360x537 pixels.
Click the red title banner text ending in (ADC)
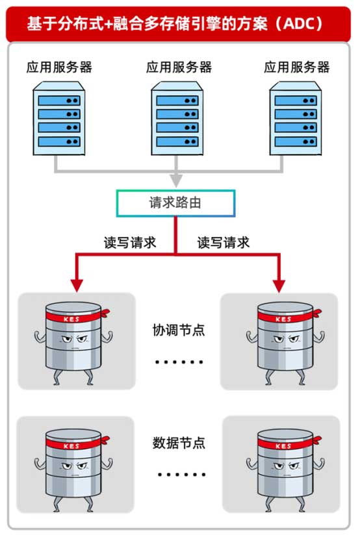[175, 23]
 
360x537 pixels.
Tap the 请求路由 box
[175, 203]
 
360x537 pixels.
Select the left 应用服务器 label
[59, 67]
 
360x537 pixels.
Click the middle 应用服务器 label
[179, 67]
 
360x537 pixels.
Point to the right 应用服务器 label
[297, 67]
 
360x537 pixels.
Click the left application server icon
[59, 118]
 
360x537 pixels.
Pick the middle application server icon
[177, 118]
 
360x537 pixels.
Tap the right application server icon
[296, 118]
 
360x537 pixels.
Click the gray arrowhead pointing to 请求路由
[176, 180]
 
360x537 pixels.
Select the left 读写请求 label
[130, 243]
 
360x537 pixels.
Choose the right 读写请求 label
[223, 243]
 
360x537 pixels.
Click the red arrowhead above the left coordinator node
[77, 286]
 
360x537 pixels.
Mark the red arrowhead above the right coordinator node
[279, 286]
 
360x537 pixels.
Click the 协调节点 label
[179, 330]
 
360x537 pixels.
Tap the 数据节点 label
[179, 443]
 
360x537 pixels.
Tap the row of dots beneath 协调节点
[179, 362]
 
